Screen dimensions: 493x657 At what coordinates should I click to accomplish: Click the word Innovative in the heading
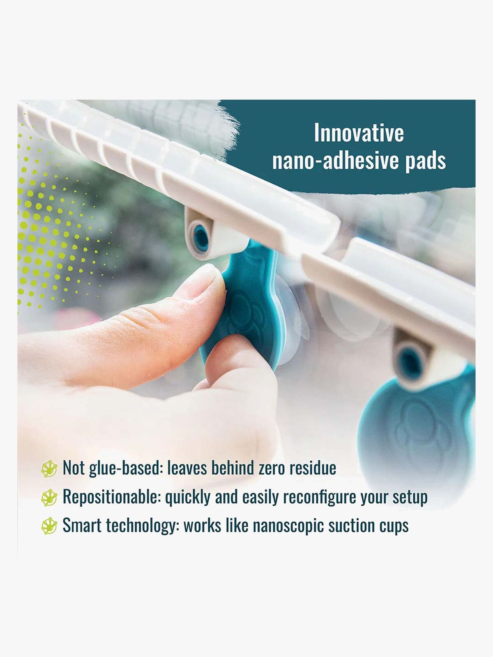[x=359, y=133]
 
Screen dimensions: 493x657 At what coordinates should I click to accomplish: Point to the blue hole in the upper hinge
[x=200, y=238]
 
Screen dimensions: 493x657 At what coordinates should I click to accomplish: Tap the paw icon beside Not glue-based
[x=49, y=469]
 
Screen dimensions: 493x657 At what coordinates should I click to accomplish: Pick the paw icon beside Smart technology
[x=49, y=526]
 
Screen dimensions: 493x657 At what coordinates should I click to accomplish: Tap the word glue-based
[x=126, y=469]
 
